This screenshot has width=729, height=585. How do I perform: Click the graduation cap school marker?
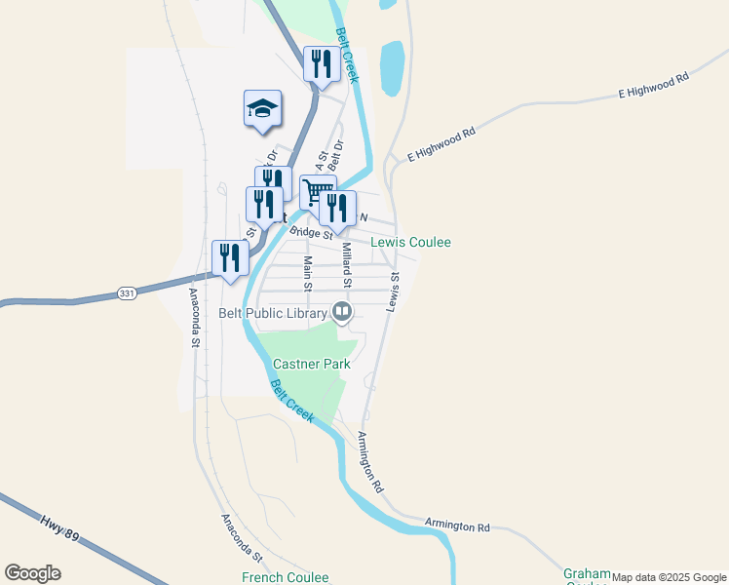[x=262, y=107]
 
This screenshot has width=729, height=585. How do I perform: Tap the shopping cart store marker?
[x=317, y=191]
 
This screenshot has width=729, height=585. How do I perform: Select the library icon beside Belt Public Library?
[x=342, y=312]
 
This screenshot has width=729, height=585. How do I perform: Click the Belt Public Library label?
[x=275, y=312]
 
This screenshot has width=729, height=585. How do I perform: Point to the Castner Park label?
[x=312, y=364]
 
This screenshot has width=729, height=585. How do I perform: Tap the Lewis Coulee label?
[x=410, y=242]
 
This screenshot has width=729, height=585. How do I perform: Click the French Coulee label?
[x=286, y=577]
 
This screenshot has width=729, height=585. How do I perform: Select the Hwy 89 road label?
[x=60, y=530]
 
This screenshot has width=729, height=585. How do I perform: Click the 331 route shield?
[x=127, y=292]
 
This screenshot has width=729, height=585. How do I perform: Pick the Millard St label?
[x=346, y=265]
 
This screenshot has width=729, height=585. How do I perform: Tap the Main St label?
[x=307, y=273]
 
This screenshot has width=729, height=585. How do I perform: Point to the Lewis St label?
[x=394, y=292]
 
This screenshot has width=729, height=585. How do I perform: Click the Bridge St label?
[x=311, y=232]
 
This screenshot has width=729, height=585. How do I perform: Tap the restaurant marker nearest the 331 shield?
[x=229, y=258]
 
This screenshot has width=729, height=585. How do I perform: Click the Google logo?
[x=32, y=573]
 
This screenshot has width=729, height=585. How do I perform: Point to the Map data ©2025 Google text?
[x=670, y=577]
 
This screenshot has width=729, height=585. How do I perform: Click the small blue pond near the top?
[x=392, y=67]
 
